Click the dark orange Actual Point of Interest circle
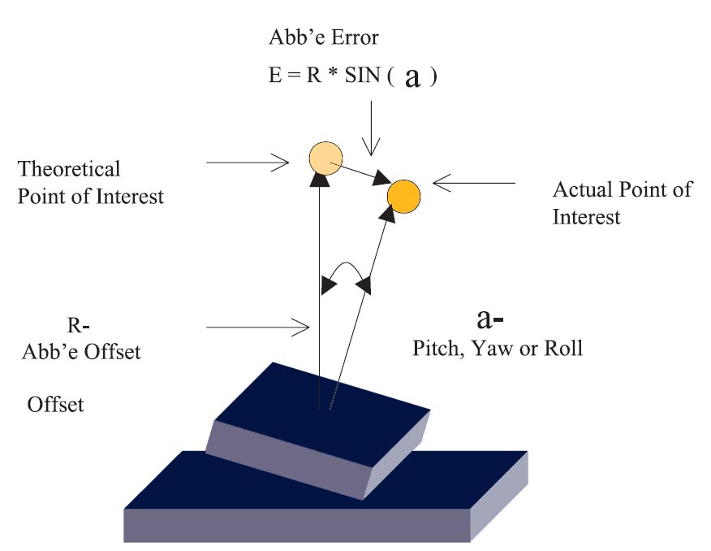(403, 195)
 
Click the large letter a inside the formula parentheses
(412, 79)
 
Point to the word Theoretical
(69, 169)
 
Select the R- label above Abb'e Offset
(79, 326)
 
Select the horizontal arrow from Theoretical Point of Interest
(248, 163)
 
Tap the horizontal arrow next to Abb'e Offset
(258, 328)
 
